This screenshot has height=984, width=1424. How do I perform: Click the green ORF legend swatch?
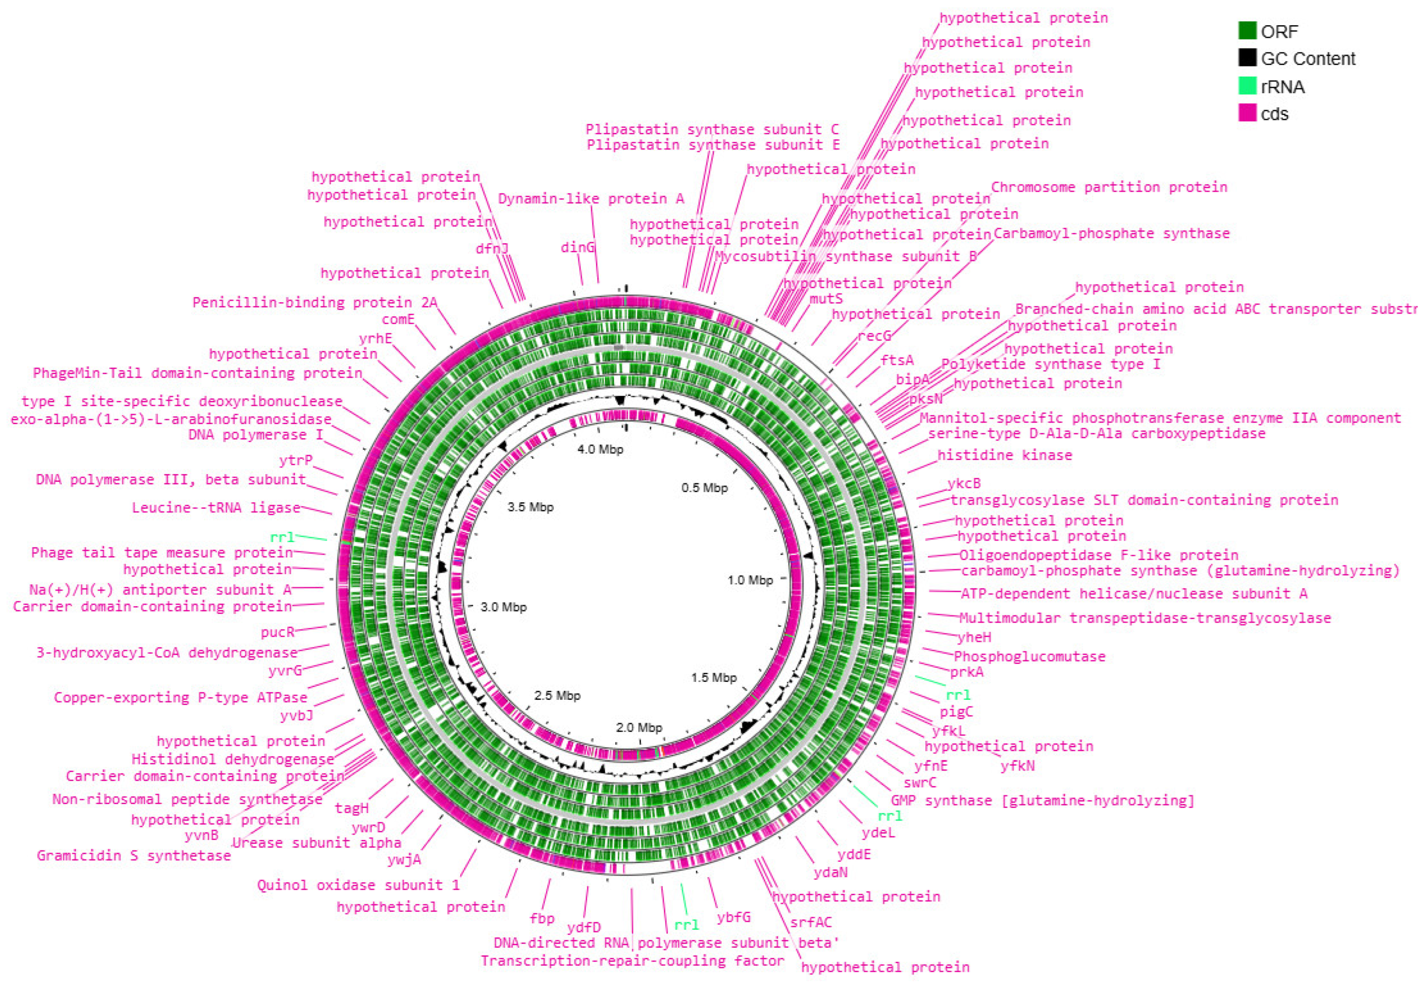[1247, 31]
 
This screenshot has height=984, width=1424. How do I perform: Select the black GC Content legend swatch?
[1247, 58]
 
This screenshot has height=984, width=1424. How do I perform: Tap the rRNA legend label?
[1282, 87]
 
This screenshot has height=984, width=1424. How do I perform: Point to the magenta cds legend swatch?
[1247, 113]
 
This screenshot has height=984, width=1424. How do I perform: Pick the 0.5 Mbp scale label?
[704, 488]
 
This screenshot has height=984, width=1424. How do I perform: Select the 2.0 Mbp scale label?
[639, 727]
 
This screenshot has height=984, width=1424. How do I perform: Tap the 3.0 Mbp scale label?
[503, 607]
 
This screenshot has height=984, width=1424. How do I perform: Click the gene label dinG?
[578, 247]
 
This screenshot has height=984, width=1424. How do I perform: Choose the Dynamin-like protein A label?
[591, 198]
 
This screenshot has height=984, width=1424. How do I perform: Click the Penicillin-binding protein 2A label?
[314, 302]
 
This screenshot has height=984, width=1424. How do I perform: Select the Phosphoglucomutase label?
[1029, 657]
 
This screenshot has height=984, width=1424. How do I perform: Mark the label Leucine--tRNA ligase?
[216, 507]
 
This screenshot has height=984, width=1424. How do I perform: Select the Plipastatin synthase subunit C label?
[712, 129]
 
